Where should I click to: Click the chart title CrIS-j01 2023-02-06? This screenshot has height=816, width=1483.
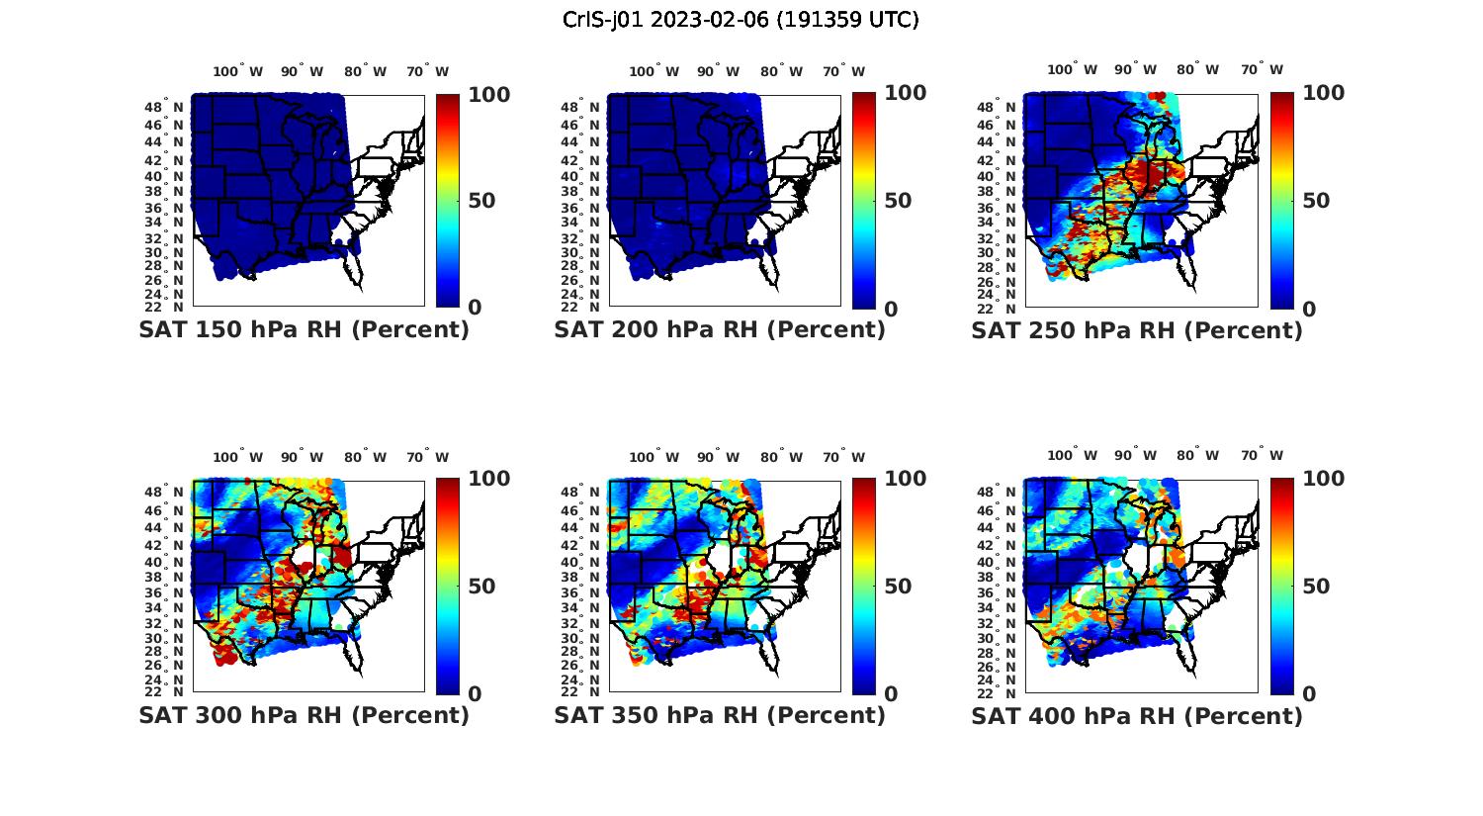pyautogui.click(x=741, y=20)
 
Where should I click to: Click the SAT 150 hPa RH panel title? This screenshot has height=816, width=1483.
pyautogui.click(x=304, y=330)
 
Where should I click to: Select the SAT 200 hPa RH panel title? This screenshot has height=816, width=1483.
pyautogui.click(x=720, y=330)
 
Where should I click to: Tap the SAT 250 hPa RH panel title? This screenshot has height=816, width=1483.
pyautogui.click(x=1137, y=330)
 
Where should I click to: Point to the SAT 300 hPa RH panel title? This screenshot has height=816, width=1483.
pyautogui.click(x=304, y=715)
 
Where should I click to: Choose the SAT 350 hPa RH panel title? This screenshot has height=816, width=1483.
pyautogui.click(x=720, y=715)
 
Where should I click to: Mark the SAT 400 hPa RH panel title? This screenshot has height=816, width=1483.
pyautogui.click(x=1137, y=715)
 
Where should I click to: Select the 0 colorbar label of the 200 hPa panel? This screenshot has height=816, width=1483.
pyautogui.click(x=891, y=309)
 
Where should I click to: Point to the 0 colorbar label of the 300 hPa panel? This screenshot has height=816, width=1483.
pyautogui.click(x=475, y=693)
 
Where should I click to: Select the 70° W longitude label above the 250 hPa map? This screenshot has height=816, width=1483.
pyautogui.click(x=1262, y=70)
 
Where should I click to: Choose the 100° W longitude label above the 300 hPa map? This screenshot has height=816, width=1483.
pyautogui.click(x=238, y=457)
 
